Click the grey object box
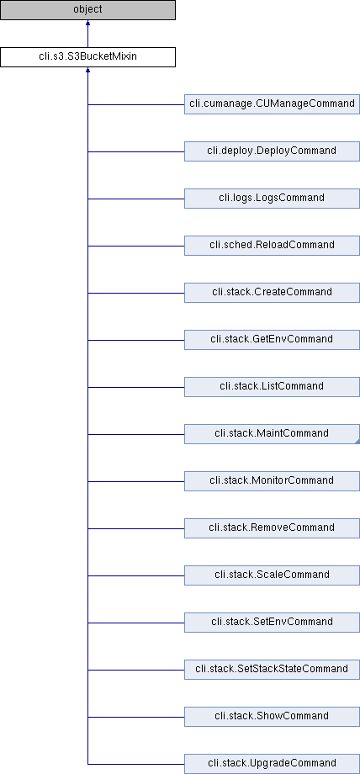point(87,10)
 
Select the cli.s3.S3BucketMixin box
point(87,56)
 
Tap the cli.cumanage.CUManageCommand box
point(272,104)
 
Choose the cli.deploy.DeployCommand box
point(272,151)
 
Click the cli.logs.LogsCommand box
point(272,199)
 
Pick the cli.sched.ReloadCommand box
point(272,246)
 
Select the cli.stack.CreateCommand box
point(272,293)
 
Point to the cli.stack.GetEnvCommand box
point(272,340)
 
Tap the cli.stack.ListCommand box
point(272,387)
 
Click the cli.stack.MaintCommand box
point(272,434)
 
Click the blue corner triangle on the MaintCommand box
point(357,442)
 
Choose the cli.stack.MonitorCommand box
point(272,481)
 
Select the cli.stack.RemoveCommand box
point(272,528)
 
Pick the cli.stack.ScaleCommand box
point(272,575)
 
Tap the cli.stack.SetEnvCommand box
point(272,623)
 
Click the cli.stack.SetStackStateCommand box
point(272,670)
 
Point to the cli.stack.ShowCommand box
point(272,717)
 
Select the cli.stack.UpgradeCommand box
point(272,764)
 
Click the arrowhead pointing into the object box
point(88,23)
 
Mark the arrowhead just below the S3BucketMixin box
point(88,70)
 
